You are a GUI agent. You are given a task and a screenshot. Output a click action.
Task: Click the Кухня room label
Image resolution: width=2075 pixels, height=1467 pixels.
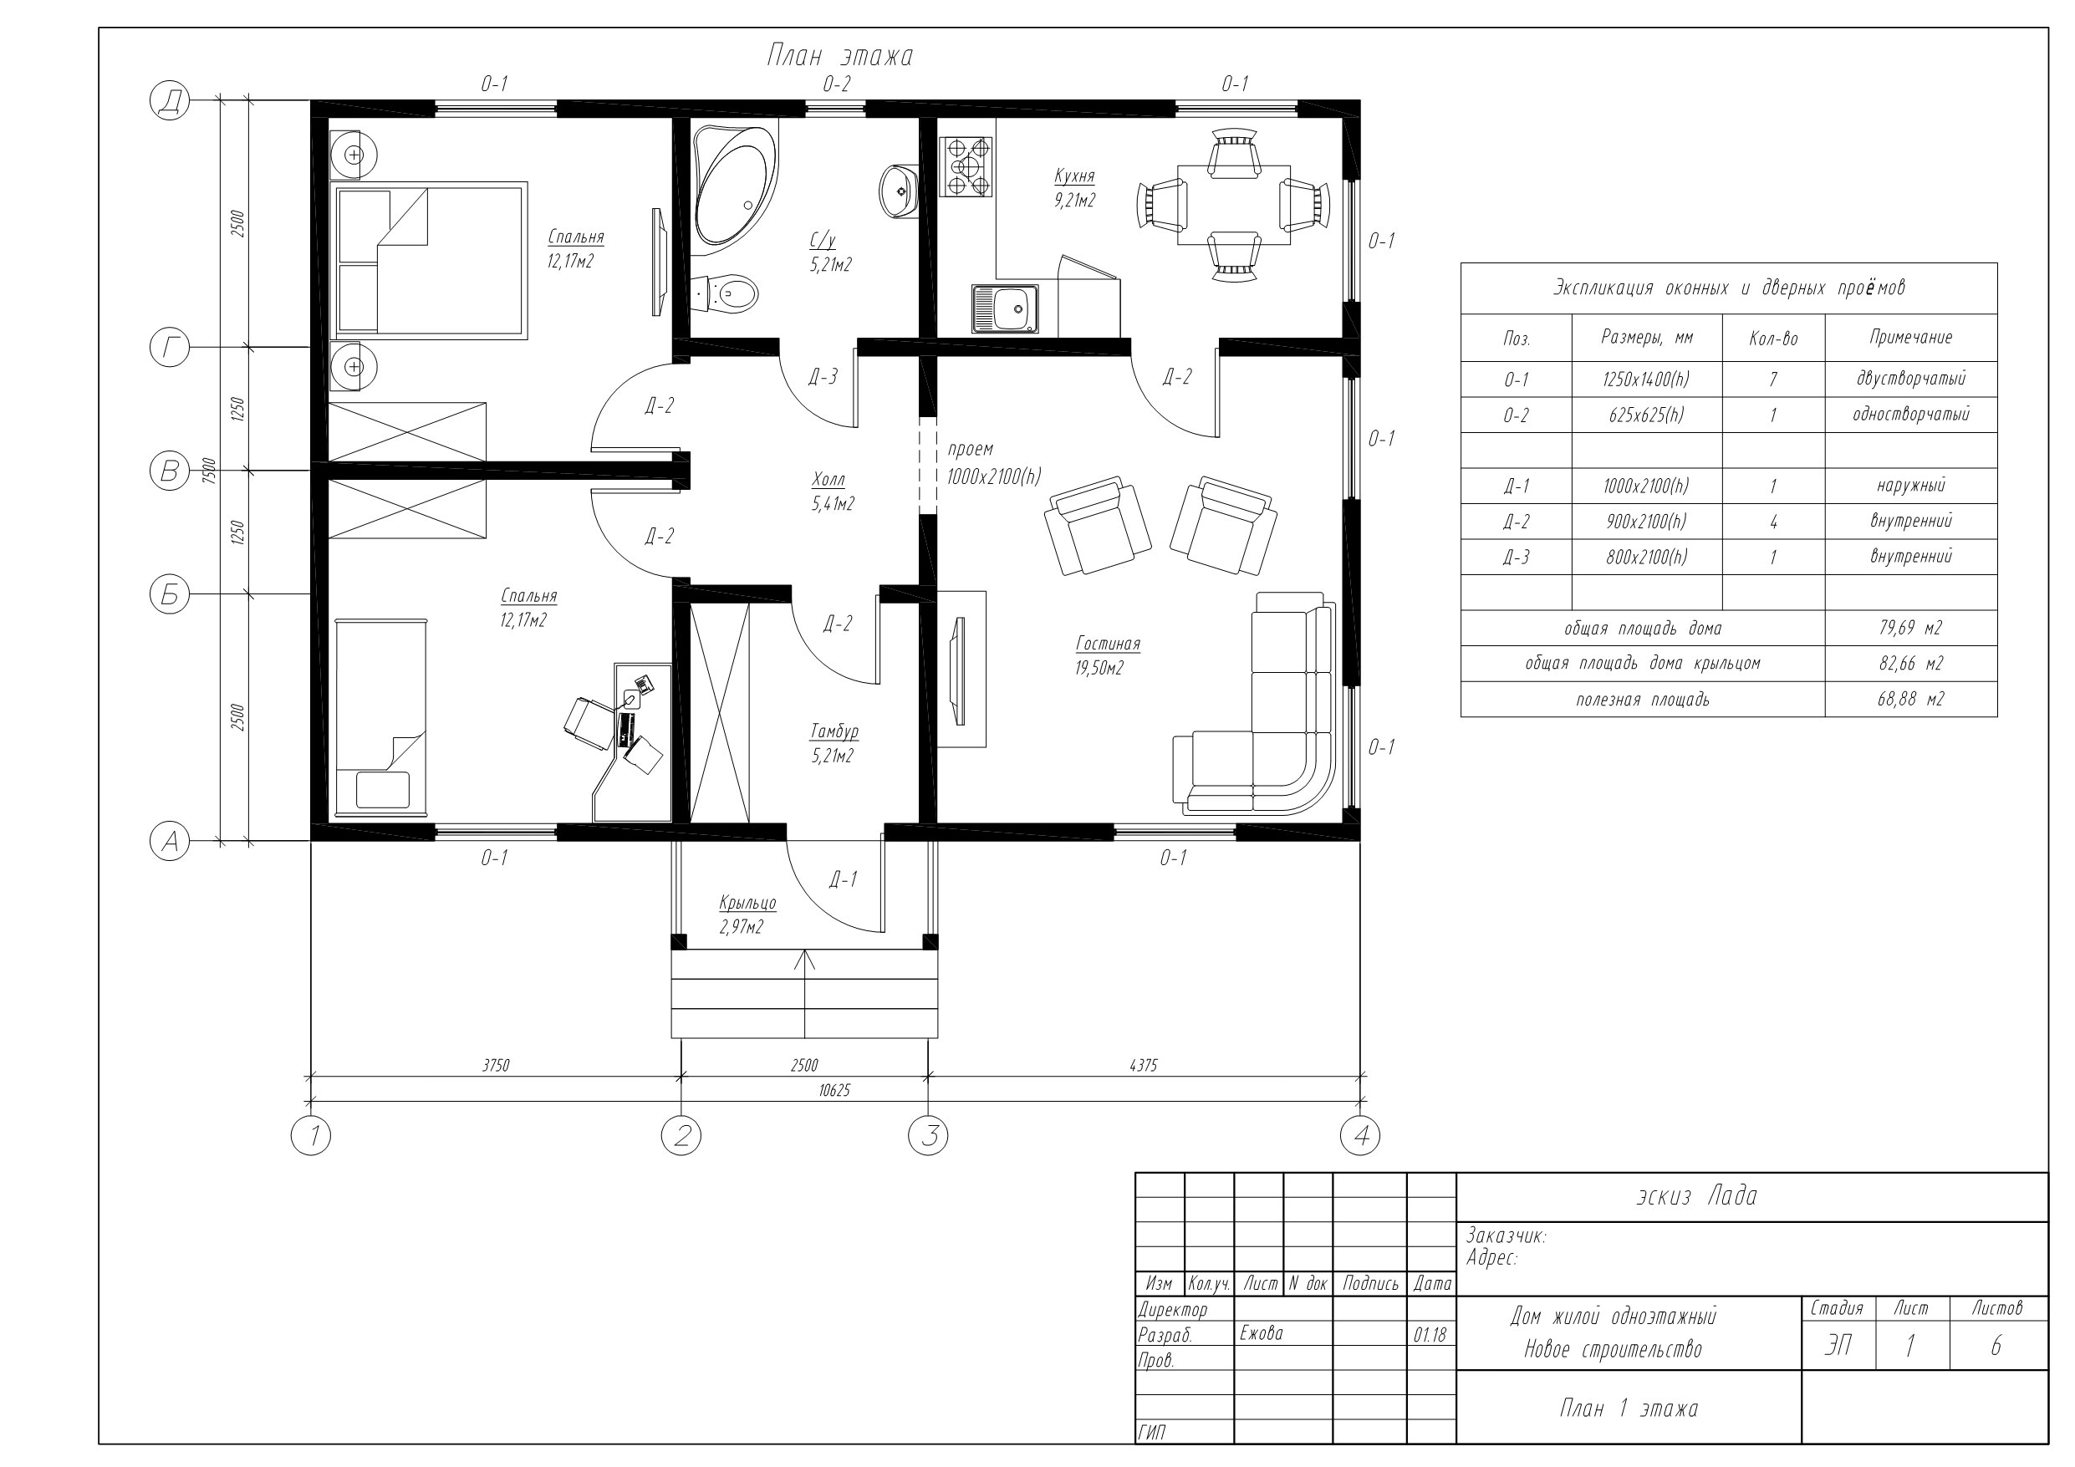(x=1074, y=176)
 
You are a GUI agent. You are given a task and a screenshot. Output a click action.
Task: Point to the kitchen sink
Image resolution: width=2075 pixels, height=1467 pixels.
(x=1005, y=308)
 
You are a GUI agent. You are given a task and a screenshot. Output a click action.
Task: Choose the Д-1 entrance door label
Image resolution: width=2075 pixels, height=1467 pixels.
(x=844, y=879)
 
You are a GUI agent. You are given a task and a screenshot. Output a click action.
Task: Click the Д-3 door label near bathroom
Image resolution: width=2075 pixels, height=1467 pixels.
(x=823, y=377)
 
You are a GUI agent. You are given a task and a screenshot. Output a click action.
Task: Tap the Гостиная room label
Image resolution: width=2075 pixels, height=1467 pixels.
(x=1108, y=644)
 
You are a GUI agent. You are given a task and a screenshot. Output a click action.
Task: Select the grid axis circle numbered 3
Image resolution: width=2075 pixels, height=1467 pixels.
(x=928, y=1135)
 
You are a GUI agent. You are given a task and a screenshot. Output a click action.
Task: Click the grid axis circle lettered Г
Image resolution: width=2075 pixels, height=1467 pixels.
(x=169, y=347)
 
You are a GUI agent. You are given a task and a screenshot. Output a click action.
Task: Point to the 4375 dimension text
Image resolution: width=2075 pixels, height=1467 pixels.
(x=1143, y=1066)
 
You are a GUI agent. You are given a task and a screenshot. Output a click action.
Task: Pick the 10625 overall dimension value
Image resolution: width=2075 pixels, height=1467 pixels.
(x=834, y=1090)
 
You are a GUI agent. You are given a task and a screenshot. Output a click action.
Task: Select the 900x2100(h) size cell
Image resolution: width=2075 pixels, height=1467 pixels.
(x=1647, y=522)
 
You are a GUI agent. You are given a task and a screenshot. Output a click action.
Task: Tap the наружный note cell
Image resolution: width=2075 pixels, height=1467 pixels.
(x=1910, y=486)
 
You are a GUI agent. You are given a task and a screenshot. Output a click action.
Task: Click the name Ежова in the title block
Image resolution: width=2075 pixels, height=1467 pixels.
(x=1261, y=1333)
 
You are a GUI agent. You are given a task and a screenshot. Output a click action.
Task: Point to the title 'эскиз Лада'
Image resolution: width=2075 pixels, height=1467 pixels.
(x=1696, y=1196)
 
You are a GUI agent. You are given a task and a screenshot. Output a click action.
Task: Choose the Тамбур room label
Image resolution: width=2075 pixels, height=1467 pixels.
(x=834, y=731)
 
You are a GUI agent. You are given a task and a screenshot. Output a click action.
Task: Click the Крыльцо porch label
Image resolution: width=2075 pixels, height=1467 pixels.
(x=747, y=903)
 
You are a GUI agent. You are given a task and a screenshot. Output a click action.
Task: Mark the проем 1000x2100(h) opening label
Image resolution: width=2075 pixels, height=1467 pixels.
(x=993, y=463)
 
